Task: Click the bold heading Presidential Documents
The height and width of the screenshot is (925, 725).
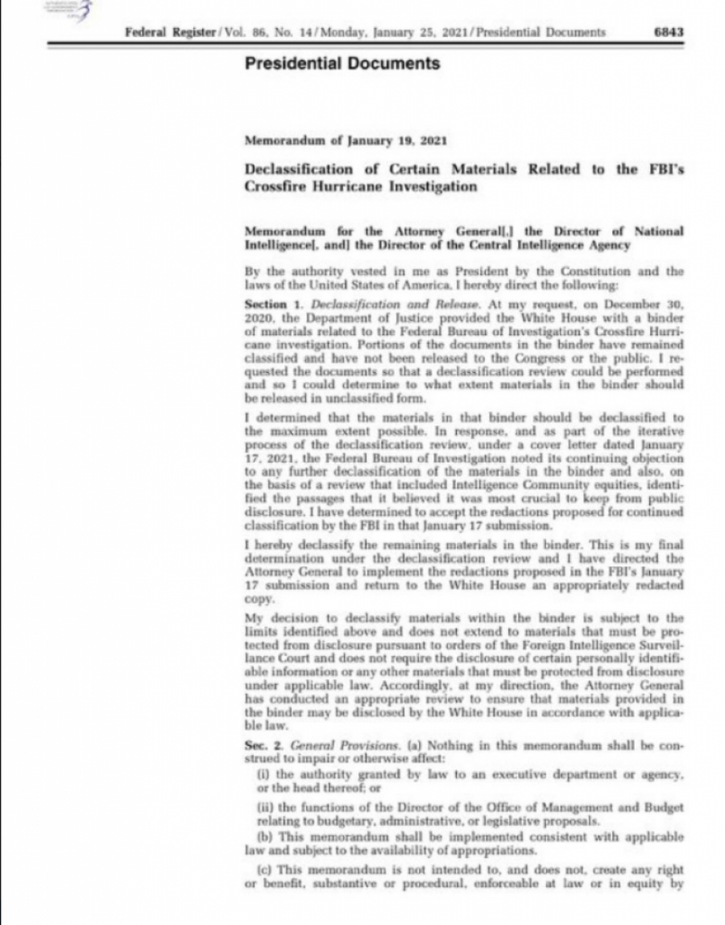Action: [342, 64]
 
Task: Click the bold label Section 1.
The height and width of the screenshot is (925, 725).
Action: [265, 304]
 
